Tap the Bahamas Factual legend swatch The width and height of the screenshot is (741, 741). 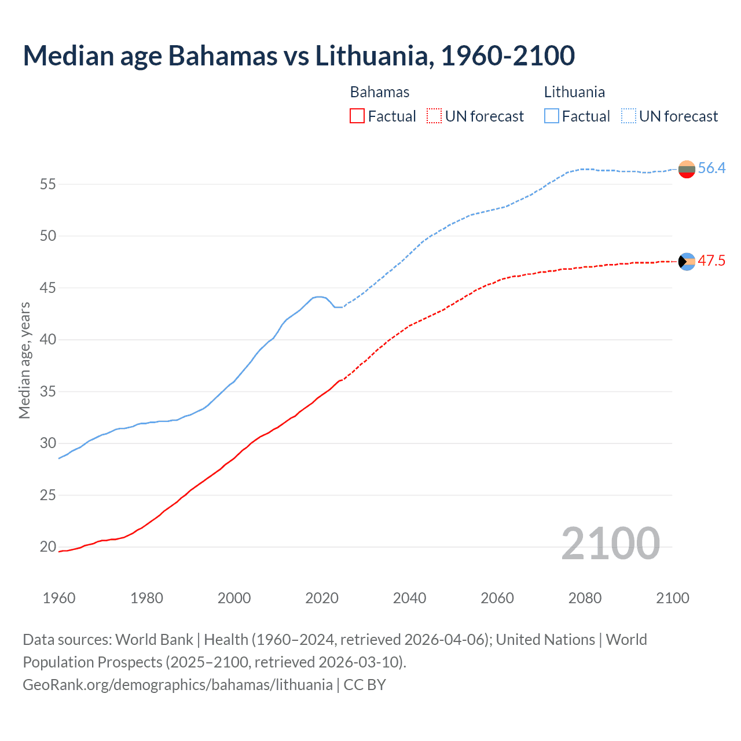tap(357, 116)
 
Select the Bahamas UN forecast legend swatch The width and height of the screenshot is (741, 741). tap(434, 116)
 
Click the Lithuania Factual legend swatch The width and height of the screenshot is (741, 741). tap(552, 116)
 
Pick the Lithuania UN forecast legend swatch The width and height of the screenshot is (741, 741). tap(629, 116)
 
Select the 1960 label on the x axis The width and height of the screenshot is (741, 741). tap(59, 598)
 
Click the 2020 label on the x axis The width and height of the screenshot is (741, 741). tap(322, 598)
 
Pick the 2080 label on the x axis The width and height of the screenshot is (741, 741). tap(585, 598)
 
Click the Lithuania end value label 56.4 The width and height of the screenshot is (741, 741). tap(711, 168)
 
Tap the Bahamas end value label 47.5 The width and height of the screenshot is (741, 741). tap(711, 261)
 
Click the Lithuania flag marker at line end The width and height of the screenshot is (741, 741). tap(687, 170)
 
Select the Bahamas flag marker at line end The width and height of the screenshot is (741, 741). tap(687, 262)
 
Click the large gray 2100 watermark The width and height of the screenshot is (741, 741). tap(611, 543)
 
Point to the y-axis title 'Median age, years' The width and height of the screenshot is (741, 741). tap(24, 360)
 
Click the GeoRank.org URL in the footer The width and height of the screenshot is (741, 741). tap(178, 685)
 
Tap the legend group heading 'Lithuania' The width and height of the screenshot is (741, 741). tap(574, 92)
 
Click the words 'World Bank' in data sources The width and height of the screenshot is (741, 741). tap(154, 640)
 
